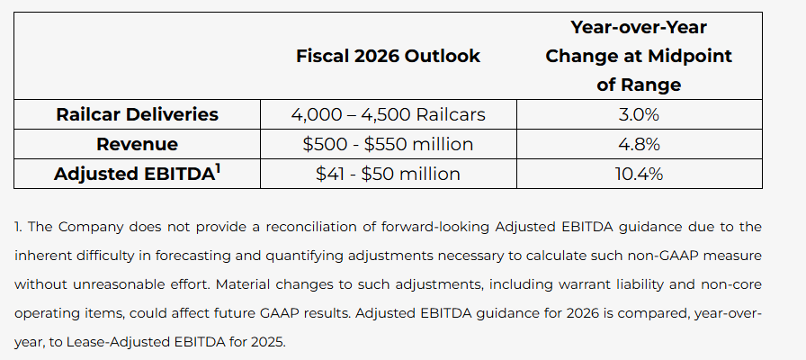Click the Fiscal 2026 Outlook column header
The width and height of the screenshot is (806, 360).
coord(388,56)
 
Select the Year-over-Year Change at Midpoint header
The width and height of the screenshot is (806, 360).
coord(639,56)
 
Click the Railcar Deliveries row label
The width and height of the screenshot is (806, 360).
coord(137,114)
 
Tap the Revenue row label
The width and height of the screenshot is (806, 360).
coord(137,144)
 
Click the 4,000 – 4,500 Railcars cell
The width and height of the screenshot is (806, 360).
coord(388,114)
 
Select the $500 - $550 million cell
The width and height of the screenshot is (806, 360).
coord(388,144)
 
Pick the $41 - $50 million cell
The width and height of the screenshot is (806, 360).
coord(388,174)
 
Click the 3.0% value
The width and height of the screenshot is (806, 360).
coord(639,114)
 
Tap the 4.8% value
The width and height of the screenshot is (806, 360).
coord(639,144)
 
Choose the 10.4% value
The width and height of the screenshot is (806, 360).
coord(639,174)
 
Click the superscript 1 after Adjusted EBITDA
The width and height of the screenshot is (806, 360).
coord(219,167)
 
